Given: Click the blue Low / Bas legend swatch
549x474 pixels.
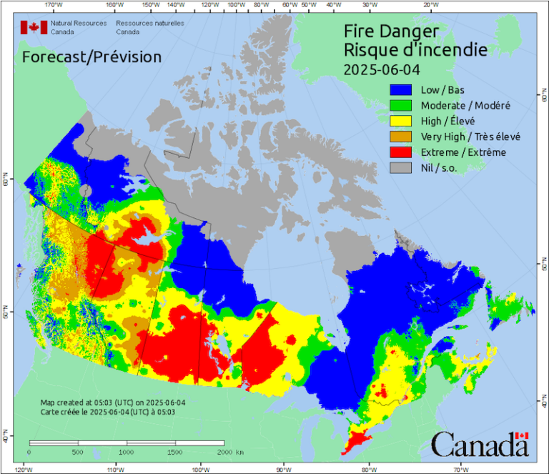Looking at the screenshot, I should [x=402, y=91].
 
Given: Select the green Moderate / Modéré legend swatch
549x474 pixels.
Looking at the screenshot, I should [x=402, y=106].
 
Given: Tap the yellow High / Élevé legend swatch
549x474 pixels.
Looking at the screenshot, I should [x=402, y=122].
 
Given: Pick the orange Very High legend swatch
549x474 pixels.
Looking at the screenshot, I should [x=402, y=137].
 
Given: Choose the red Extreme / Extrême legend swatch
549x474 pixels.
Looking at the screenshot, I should [x=402, y=152].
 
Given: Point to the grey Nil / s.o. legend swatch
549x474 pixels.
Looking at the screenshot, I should [x=402, y=168].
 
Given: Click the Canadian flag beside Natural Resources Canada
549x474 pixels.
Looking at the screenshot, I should [x=34, y=28].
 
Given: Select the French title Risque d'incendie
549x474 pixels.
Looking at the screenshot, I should [x=415, y=50].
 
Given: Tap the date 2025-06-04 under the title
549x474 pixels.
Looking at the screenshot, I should [x=381, y=69].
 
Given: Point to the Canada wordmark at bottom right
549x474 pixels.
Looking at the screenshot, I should [x=480, y=445].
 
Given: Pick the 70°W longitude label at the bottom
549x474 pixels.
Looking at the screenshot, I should [x=460, y=469].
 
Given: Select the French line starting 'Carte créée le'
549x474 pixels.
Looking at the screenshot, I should [x=107, y=413].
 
